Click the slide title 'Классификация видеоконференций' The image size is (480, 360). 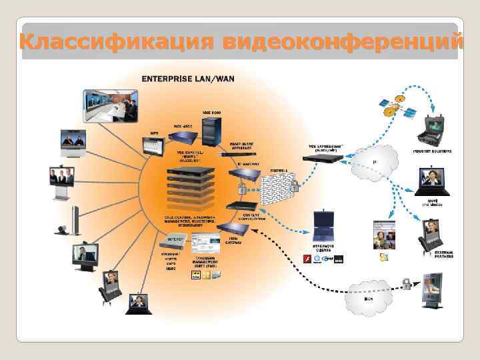240,41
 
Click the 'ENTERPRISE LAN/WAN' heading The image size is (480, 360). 187,79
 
